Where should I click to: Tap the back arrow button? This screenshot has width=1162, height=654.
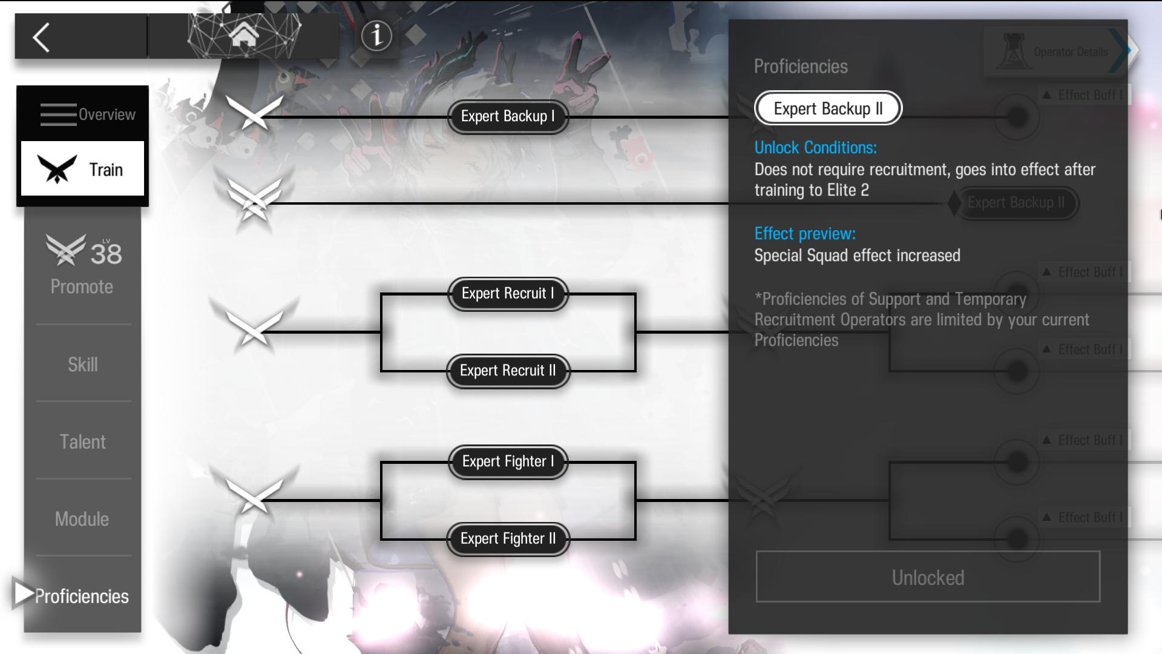tap(41, 38)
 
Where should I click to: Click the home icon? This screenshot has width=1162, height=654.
tap(244, 35)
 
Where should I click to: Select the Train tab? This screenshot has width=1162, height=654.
tap(83, 169)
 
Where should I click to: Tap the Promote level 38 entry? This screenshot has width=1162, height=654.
tap(83, 265)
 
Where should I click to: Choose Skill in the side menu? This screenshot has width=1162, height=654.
tap(83, 365)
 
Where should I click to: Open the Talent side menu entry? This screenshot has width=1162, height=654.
tap(83, 441)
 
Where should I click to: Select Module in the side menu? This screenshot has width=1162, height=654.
tap(82, 519)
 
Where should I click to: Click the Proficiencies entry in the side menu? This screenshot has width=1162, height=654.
tap(81, 596)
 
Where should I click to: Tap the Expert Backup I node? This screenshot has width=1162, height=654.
tap(508, 116)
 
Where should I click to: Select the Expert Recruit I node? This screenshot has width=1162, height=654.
tap(508, 294)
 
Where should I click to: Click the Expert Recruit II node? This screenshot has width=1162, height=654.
tap(508, 371)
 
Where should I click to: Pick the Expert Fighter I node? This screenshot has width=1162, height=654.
tap(508, 461)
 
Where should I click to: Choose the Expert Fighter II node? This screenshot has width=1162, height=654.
tap(508, 539)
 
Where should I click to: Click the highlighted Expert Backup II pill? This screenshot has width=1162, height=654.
tap(828, 108)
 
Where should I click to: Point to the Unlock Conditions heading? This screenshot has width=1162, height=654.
tap(815, 148)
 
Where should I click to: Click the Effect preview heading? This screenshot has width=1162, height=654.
tap(805, 234)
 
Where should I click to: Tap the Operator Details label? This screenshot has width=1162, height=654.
tap(1070, 52)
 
